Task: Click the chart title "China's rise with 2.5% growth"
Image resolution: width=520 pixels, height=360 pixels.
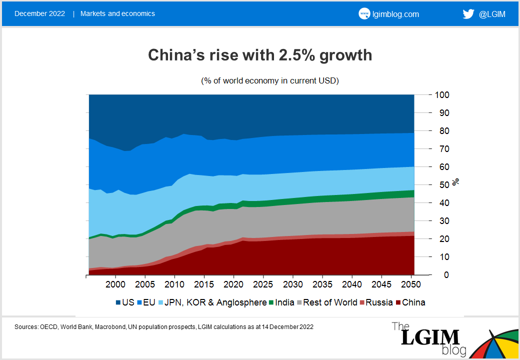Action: click(x=260, y=55)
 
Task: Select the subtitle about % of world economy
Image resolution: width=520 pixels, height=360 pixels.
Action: click(x=270, y=80)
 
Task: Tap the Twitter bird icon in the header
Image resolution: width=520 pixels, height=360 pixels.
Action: click(x=468, y=14)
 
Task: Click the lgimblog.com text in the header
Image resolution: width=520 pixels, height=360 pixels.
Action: click(x=395, y=14)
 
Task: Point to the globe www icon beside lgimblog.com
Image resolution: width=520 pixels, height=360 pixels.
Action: click(x=364, y=14)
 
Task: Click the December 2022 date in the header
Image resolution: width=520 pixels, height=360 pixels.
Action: click(x=39, y=13)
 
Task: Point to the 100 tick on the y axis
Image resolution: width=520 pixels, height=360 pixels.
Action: click(x=442, y=95)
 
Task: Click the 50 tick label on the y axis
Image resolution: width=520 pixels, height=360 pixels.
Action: click(x=440, y=185)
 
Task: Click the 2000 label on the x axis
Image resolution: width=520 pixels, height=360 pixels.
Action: click(x=115, y=285)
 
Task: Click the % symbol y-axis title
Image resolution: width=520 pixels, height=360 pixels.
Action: click(x=455, y=182)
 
